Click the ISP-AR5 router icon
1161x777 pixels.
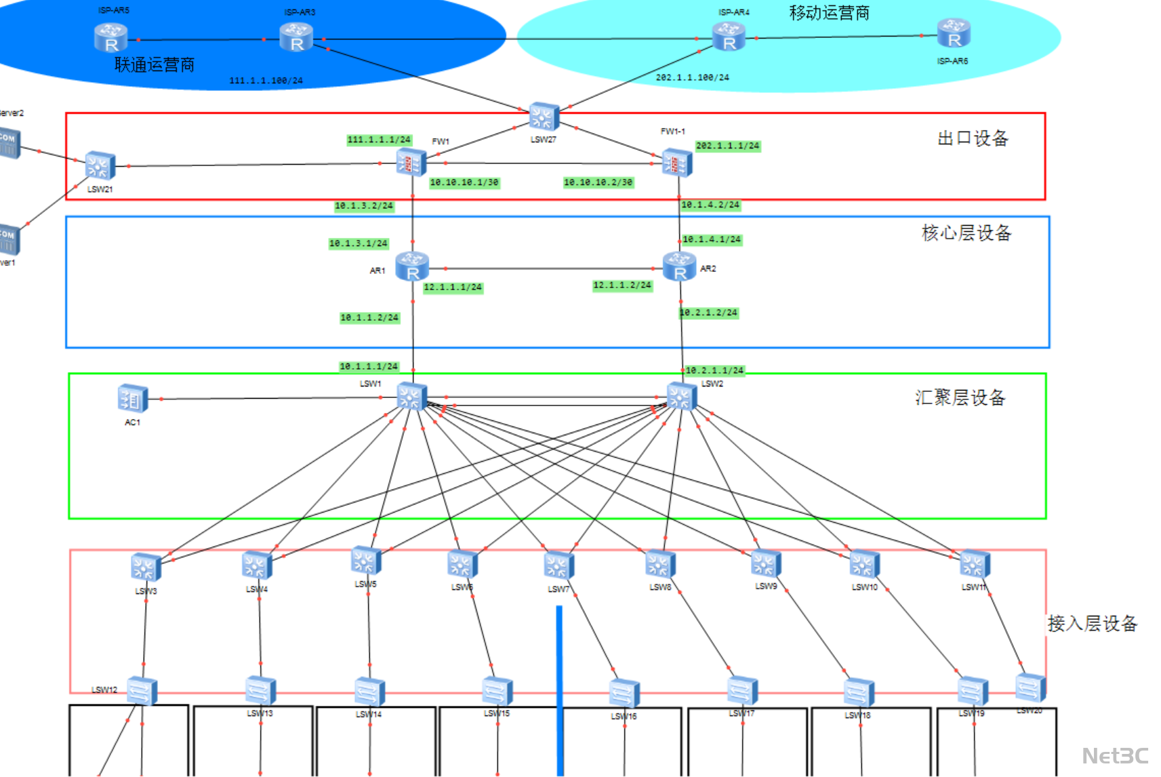click(x=110, y=37)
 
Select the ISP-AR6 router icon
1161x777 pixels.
click(x=954, y=33)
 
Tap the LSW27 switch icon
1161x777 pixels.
click(x=544, y=117)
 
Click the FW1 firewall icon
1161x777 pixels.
click(x=411, y=163)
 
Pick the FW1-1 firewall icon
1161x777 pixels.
click(x=677, y=163)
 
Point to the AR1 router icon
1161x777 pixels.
click(x=412, y=266)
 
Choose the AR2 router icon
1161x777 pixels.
click(x=679, y=266)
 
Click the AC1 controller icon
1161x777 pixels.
click(x=133, y=399)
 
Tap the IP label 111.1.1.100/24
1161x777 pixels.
click(x=266, y=81)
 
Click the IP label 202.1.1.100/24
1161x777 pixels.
click(x=692, y=77)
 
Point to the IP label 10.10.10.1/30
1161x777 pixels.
click(x=464, y=182)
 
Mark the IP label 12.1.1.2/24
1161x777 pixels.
click(x=622, y=285)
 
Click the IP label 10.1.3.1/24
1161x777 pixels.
click(x=358, y=243)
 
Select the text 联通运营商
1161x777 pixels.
click(x=155, y=65)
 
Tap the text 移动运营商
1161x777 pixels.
click(x=829, y=13)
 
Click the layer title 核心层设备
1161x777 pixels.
click(x=966, y=233)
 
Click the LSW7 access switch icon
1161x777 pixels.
click(x=558, y=566)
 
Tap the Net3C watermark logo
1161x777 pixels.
click(x=1115, y=755)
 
